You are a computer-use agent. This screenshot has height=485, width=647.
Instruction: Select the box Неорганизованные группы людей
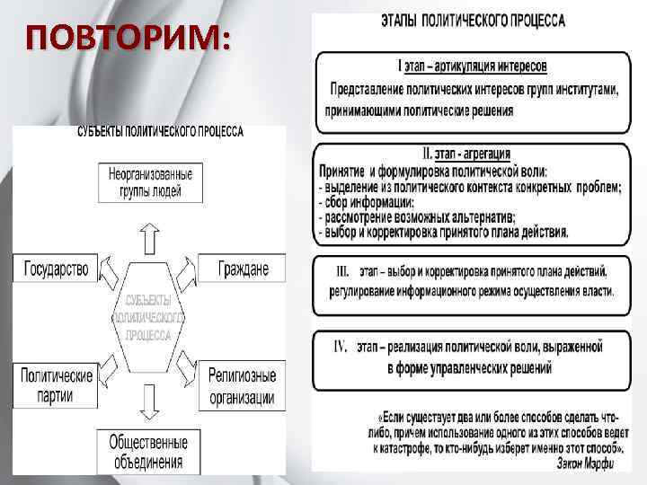(150, 183)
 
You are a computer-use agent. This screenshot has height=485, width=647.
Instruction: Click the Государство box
(57, 269)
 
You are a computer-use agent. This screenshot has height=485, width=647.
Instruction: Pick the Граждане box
(244, 269)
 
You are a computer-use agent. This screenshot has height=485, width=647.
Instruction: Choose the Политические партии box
(57, 384)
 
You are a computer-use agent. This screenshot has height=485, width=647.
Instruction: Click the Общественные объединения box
(148, 453)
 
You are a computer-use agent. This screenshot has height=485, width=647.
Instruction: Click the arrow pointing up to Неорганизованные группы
(150, 237)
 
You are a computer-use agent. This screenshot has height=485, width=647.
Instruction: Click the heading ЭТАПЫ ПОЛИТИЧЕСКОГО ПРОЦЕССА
(474, 22)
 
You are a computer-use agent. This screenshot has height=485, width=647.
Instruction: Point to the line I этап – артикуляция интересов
(473, 66)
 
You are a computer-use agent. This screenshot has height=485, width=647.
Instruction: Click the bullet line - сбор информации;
(364, 202)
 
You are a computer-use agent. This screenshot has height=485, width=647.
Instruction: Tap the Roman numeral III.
(343, 269)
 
